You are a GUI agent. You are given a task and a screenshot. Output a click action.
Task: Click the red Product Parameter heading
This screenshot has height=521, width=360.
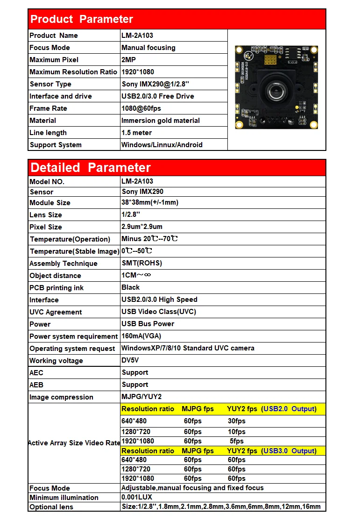click(82, 19)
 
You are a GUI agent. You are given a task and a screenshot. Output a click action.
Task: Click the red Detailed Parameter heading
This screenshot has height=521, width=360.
click(91, 167)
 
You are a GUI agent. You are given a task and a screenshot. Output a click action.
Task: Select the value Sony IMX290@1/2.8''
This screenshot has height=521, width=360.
click(155, 84)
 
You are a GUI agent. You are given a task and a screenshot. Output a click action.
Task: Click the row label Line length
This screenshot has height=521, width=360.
click(48, 133)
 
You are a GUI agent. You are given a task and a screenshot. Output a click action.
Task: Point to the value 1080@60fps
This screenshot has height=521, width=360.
click(141, 108)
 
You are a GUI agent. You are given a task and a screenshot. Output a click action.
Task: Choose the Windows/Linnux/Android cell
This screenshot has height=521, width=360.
click(162, 145)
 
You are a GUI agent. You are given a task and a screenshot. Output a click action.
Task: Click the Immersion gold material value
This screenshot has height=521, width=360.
click(160, 121)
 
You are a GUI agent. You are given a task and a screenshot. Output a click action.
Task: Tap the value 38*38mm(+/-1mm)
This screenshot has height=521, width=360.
click(149, 202)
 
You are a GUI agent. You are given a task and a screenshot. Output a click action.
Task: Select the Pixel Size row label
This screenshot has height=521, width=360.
click(46, 227)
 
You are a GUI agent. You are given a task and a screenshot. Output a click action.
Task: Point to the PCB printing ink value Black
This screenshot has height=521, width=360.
click(130, 287)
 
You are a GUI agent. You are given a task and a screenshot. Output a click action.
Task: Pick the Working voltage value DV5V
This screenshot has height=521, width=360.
click(130, 360)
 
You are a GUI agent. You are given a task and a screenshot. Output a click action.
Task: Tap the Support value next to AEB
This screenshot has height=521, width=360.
click(135, 385)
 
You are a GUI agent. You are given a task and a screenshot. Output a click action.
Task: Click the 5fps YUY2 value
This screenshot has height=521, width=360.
click(237, 441)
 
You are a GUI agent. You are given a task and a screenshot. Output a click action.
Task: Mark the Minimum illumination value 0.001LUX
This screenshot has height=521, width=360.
click(137, 497)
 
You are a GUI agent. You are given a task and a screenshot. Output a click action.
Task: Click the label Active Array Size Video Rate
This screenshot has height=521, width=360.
click(74, 443)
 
